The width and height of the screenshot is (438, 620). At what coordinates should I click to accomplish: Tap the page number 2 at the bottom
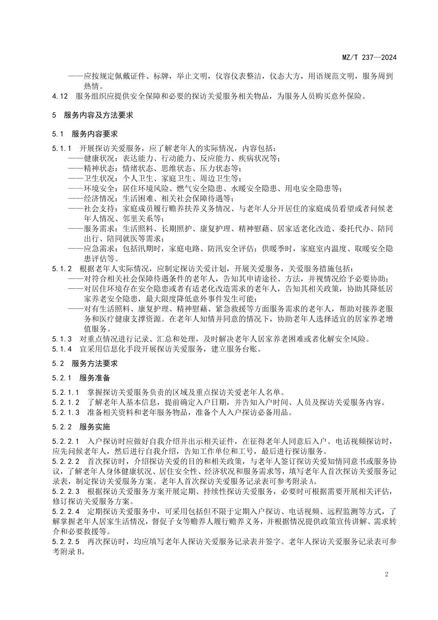386,574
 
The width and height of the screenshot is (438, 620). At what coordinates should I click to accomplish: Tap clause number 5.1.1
62,148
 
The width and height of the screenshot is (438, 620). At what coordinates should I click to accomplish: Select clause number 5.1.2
62,269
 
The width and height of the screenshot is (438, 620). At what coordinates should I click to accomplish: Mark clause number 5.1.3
62,339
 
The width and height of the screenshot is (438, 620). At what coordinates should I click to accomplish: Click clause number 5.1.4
62,349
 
